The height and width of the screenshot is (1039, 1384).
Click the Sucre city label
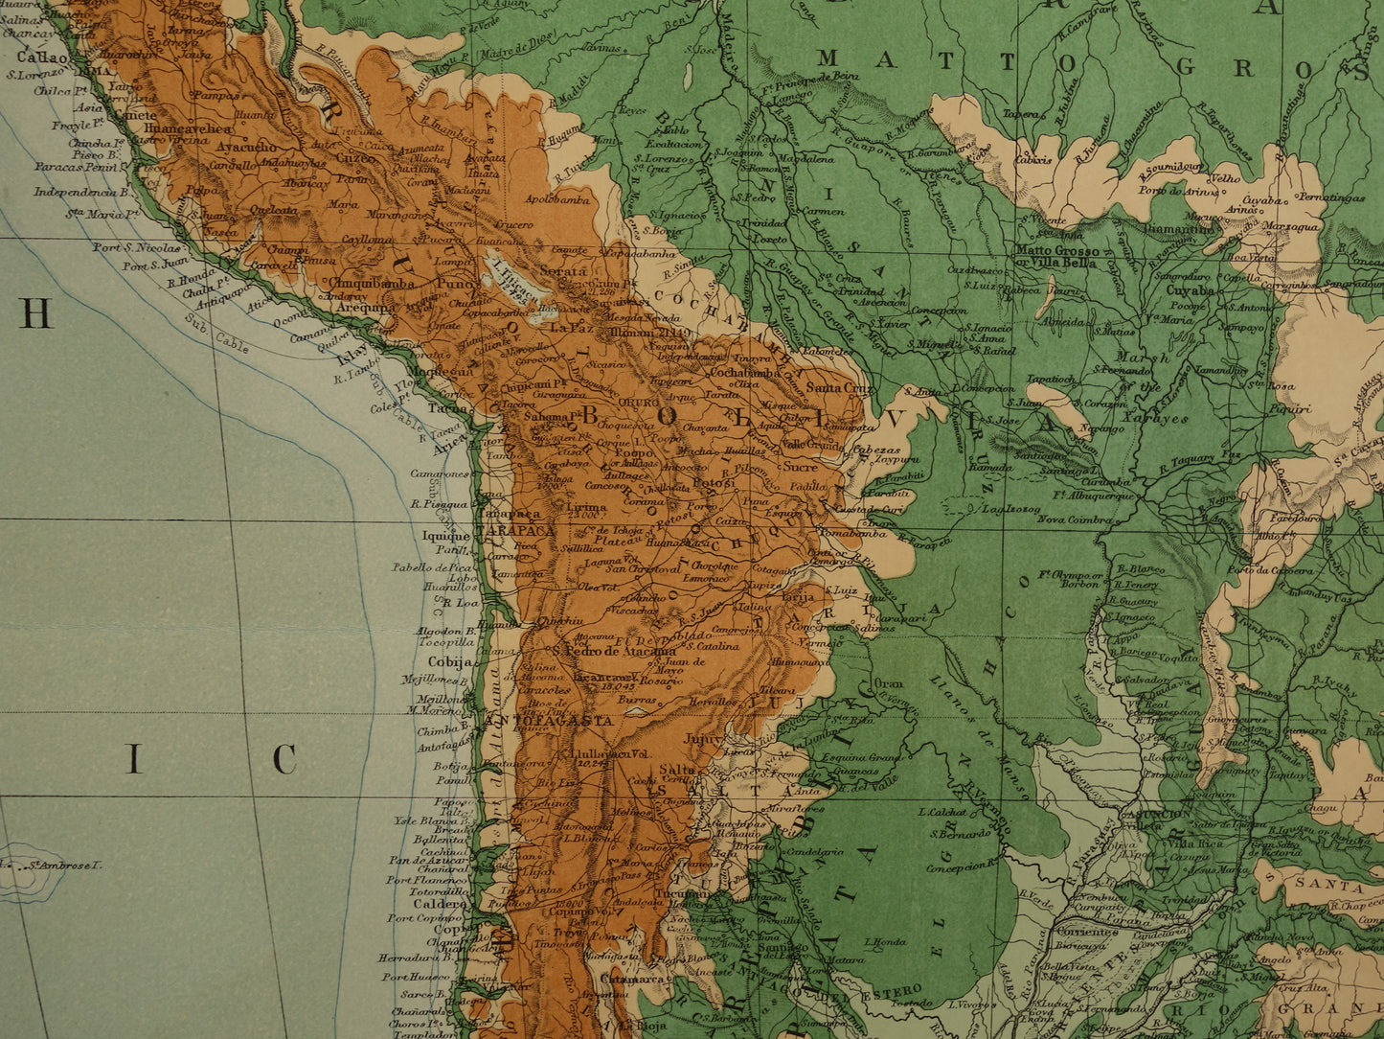click(x=799, y=467)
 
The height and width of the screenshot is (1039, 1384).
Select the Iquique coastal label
click(x=445, y=536)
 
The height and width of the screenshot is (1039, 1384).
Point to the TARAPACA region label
click(x=517, y=530)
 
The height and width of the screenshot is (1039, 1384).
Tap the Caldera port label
click(x=440, y=903)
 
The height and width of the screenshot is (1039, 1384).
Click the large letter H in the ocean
click(x=35, y=313)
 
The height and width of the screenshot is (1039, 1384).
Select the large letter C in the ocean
click(x=284, y=759)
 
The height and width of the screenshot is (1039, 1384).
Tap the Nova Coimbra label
click(x=1076, y=519)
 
